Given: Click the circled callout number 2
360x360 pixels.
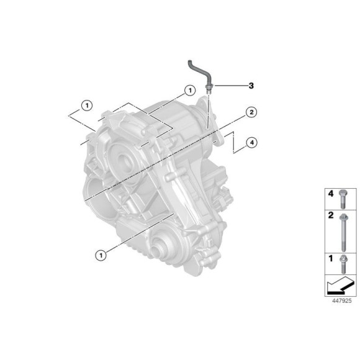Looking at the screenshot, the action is [x=251, y=112].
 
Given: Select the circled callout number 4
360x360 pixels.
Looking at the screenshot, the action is [x=251, y=143].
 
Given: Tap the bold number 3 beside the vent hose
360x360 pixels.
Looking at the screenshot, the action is [x=251, y=86].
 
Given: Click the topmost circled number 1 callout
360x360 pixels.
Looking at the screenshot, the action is [x=190, y=91].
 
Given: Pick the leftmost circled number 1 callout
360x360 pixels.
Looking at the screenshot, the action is [x=87, y=106].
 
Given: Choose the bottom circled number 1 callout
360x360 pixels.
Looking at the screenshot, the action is [x=101, y=255].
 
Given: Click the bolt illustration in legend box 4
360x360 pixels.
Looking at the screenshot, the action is [x=343, y=199].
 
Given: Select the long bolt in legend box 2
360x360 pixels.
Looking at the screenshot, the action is [x=343, y=232].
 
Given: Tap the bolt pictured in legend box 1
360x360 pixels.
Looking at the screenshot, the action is [x=343, y=264].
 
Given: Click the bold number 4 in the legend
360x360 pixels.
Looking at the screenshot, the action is [x=331, y=194].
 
